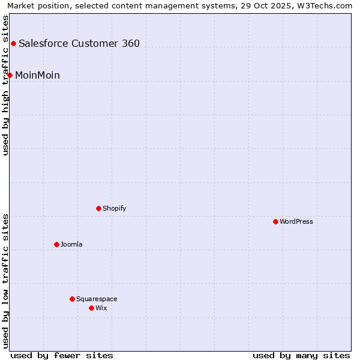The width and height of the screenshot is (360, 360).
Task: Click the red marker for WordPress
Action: (x=275, y=221)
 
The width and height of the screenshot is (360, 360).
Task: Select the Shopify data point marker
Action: (x=98, y=208)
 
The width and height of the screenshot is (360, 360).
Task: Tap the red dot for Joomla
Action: (x=56, y=244)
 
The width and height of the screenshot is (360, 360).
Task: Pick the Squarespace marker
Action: (x=72, y=299)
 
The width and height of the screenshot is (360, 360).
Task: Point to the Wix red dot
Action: (x=91, y=308)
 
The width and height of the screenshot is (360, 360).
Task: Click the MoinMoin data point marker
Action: (x=10, y=75)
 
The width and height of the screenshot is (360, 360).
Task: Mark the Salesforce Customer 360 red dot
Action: (x=13, y=43)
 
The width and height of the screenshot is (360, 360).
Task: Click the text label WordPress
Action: (x=296, y=221)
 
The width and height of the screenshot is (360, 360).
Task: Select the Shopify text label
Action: (x=114, y=208)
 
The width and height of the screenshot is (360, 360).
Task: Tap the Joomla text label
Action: (x=71, y=244)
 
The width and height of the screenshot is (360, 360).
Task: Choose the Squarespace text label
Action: (x=97, y=299)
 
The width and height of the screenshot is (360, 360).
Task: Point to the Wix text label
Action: (x=101, y=308)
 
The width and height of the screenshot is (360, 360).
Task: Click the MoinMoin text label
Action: (x=37, y=75)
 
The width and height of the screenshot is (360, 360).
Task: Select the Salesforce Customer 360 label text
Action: (x=79, y=43)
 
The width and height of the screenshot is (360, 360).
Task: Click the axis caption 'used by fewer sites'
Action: (x=62, y=355)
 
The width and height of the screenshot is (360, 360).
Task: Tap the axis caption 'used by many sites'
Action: (x=301, y=355)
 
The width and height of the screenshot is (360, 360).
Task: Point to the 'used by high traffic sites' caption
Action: (x=5, y=85)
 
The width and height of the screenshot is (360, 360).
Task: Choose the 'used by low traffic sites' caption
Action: (x=5, y=281)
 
